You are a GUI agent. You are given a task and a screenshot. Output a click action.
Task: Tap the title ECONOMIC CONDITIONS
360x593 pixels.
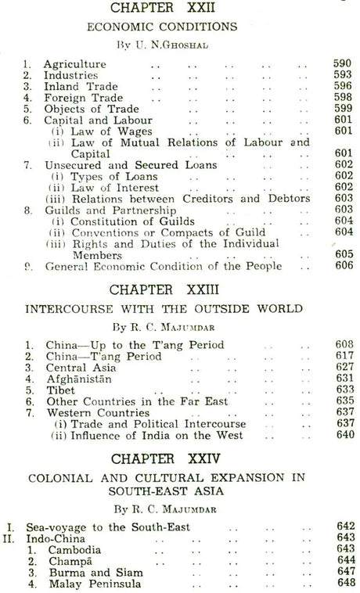pyautogui.click(x=179, y=26)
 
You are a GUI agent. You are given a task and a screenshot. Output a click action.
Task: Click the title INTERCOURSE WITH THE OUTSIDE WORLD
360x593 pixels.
pyautogui.click(x=179, y=309)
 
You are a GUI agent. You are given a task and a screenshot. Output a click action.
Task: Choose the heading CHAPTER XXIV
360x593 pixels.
pyautogui.click(x=179, y=457)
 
